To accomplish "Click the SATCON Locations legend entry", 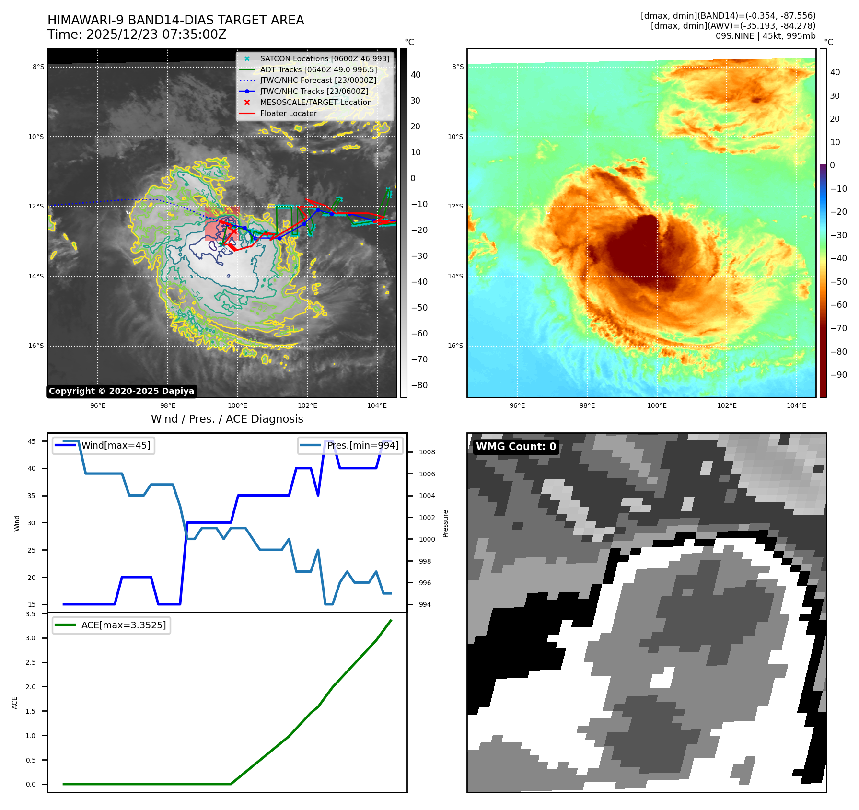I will pos(325,58).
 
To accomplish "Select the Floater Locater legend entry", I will pos(288,114).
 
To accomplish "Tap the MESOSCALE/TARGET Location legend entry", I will pos(315,103).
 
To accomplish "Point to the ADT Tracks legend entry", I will pos(318,69).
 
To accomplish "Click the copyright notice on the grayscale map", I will pos(121,391).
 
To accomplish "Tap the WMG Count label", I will pos(516,447).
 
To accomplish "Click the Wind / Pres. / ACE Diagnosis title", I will pos(227,419).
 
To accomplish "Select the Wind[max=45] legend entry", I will pos(116,445).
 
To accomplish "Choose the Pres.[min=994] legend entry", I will pos(362,445).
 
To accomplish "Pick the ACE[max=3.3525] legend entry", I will pos(123,625).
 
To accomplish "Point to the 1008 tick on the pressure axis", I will pos(427,452).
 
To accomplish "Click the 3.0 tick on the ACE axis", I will pos(31,638).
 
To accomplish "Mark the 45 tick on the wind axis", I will pos(32,441).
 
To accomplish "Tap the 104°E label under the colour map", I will pos(796,405).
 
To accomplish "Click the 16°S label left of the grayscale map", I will pos(36,346).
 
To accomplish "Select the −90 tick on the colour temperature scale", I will pos(838,375).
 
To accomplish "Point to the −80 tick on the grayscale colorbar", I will pos(419,385).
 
